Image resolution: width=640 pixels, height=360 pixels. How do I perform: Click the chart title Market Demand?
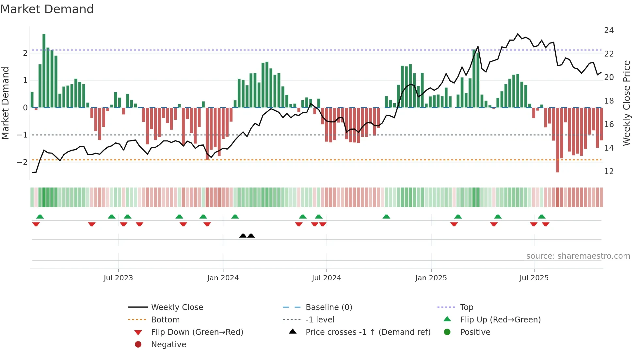pyautogui.click(x=47, y=9)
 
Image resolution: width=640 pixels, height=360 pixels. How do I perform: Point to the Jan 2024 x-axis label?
pyautogui.click(x=223, y=278)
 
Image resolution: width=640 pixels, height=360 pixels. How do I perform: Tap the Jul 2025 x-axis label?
pyautogui.click(x=534, y=278)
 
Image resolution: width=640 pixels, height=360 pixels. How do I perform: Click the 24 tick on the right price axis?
pyautogui.click(x=609, y=30)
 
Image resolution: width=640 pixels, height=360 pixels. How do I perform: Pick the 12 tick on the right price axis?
pyautogui.click(x=609, y=172)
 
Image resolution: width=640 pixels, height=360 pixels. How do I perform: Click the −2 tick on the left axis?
pyautogui.click(x=22, y=162)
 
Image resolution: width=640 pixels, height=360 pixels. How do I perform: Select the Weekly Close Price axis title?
pyautogui.click(x=627, y=103)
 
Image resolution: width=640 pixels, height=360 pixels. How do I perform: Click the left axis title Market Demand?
pyautogui.click(x=5, y=103)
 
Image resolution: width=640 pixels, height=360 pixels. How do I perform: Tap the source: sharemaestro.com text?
pyautogui.click(x=578, y=256)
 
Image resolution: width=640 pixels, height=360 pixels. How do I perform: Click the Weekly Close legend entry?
pyautogui.click(x=177, y=307)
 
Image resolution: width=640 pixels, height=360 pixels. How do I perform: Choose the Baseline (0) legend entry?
pyautogui.click(x=328, y=307)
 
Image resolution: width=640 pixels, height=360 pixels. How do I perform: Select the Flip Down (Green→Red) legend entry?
pyautogui.click(x=197, y=332)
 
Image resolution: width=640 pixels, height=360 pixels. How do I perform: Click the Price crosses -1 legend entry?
pyautogui.click(x=368, y=332)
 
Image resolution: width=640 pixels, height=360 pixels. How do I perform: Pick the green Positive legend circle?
pyautogui.click(x=447, y=332)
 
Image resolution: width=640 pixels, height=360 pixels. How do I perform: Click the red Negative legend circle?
pyautogui.click(x=138, y=345)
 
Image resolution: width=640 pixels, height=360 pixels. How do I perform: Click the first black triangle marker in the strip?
pyautogui.click(x=243, y=236)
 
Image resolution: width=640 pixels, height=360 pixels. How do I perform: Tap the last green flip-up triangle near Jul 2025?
pyautogui.click(x=542, y=217)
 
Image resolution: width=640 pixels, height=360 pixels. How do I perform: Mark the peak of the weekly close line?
pyautogui.click(x=518, y=34)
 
